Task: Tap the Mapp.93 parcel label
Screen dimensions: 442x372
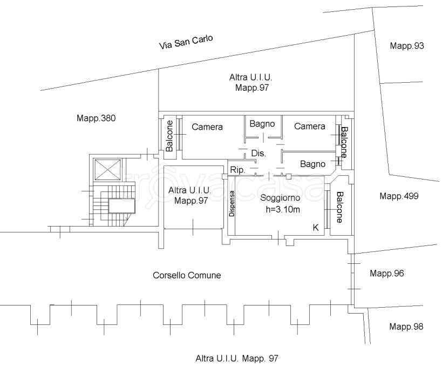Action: tap(407, 46)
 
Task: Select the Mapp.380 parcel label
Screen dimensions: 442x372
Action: tap(96, 118)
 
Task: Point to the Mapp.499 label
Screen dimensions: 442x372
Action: tap(399, 196)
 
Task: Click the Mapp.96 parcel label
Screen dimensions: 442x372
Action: tap(387, 273)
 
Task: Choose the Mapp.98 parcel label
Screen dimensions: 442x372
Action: tap(406, 327)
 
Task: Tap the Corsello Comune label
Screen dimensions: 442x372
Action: tap(187, 275)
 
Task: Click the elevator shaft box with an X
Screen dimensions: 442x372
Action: tap(108, 169)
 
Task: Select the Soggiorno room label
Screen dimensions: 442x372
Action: tap(280, 198)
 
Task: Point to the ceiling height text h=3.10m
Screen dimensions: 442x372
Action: tap(283, 209)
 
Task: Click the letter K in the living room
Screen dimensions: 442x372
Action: tap(316, 228)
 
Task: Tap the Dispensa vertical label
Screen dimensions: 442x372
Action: tap(232, 203)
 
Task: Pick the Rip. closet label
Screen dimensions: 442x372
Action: tap(237, 170)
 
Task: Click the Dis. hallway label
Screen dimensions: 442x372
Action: tap(259, 154)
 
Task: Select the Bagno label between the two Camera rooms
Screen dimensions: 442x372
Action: tap(262, 124)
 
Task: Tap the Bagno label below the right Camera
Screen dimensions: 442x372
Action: tap(312, 164)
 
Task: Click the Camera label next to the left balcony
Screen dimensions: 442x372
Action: tap(207, 127)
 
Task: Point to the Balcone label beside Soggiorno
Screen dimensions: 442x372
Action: tap(339, 207)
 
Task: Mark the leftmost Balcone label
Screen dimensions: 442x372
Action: tap(169, 136)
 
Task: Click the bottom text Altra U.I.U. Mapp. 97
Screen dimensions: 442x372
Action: tap(237, 358)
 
